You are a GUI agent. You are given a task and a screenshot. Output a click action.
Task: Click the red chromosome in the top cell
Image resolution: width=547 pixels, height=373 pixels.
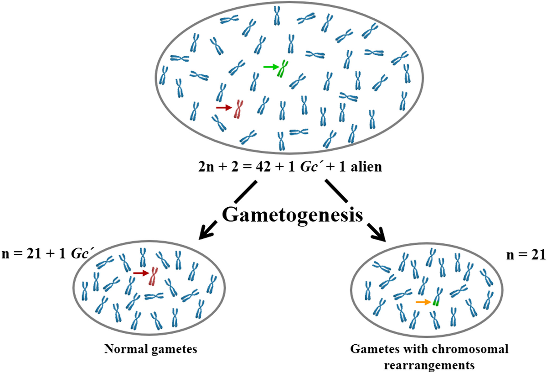pos(237,110)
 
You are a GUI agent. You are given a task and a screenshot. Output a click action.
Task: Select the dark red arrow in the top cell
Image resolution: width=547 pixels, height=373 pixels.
pos(223,107)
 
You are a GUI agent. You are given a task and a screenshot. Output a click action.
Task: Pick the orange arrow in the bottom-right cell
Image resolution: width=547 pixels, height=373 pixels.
pos(423,302)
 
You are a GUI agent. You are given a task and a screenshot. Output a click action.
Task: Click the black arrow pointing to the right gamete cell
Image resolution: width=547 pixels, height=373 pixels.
pos(356,210)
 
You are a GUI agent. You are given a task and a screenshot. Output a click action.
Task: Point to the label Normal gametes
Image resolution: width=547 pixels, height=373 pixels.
pos(151,350)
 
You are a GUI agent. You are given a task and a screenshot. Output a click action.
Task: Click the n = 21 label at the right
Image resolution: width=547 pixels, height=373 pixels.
pos(526,255)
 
